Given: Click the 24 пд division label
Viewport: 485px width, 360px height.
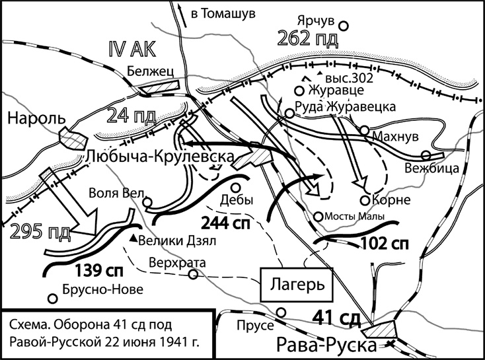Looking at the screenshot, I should point(132,118).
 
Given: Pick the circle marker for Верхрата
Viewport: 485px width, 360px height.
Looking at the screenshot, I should point(192,274).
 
